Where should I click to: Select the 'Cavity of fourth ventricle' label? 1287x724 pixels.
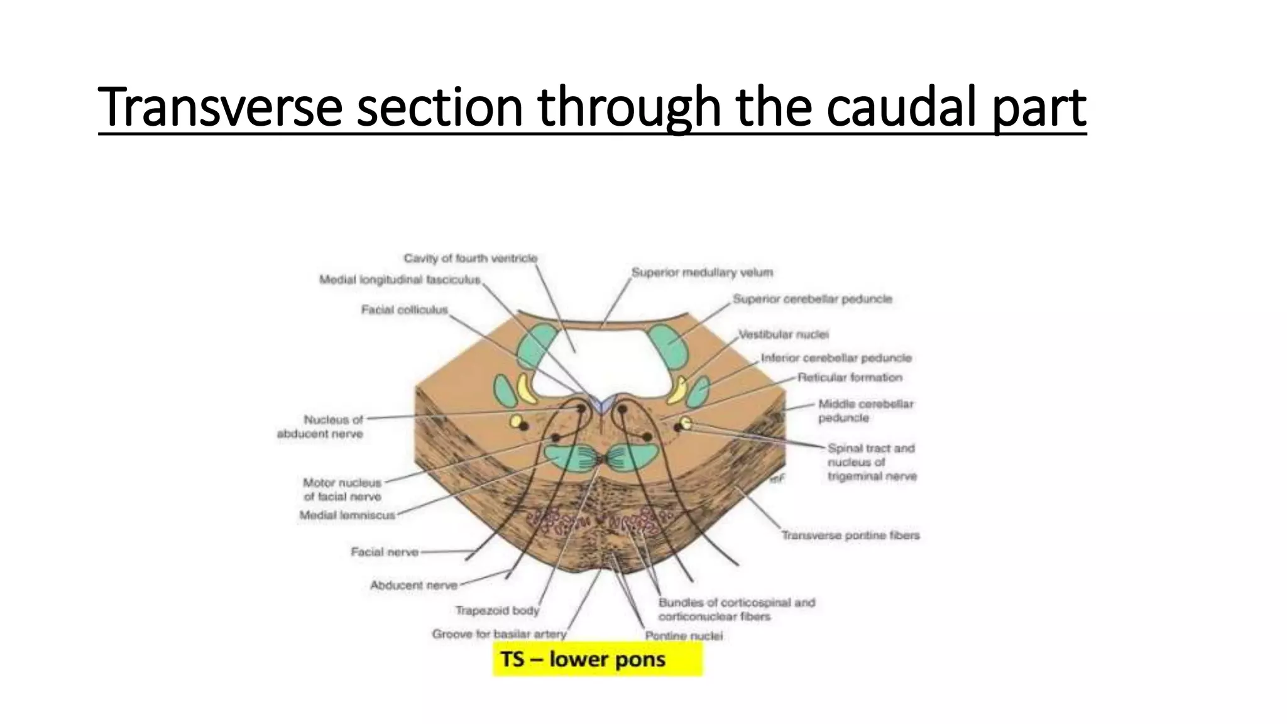click(x=470, y=258)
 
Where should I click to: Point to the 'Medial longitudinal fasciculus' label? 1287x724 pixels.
click(x=400, y=280)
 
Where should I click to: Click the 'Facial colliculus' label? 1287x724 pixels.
click(x=404, y=310)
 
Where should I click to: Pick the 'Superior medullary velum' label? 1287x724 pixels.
click(x=702, y=273)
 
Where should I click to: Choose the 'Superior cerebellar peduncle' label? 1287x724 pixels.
click(x=812, y=299)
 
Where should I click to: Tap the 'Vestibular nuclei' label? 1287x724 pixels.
click(x=783, y=334)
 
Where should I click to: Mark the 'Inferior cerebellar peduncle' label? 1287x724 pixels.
click(x=836, y=358)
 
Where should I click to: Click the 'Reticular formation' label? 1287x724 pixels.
click(x=850, y=378)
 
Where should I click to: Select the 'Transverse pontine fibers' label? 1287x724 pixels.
click(x=850, y=535)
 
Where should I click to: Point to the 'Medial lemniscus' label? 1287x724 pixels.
click(x=347, y=515)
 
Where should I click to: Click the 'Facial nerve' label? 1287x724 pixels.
click(x=384, y=552)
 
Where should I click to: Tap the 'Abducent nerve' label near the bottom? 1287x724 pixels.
click(x=413, y=586)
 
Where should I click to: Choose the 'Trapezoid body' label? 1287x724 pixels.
click(x=497, y=610)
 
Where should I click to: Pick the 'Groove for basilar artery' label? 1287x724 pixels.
click(x=499, y=634)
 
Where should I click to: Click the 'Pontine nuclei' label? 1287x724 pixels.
click(x=684, y=636)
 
